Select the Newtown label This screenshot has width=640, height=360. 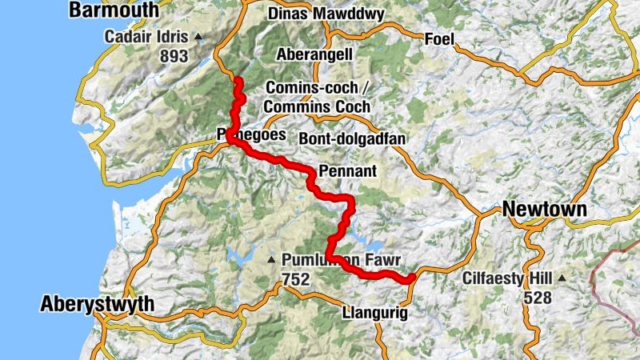[x=545, y=210]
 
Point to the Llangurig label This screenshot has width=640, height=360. [x=374, y=313]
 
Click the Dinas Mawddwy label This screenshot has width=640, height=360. [x=326, y=14]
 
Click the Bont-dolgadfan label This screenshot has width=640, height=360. [x=352, y=138]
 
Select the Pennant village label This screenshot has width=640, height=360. [x=346, y=171]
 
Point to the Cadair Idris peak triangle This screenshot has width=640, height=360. [x=198, y=37]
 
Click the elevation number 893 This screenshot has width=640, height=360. [x=173, y=56]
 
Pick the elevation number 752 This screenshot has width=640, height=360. [x=296, y=278]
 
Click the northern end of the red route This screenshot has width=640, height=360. [x=237, y=78]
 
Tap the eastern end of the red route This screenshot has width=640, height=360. [x=410, y=278]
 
